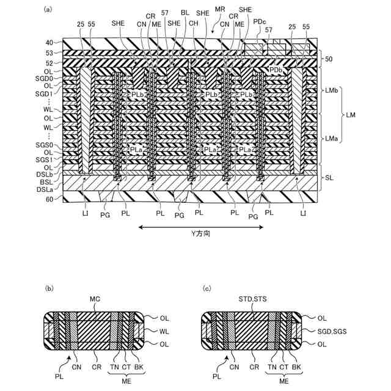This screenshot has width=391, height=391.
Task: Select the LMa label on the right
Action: (332, 139)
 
